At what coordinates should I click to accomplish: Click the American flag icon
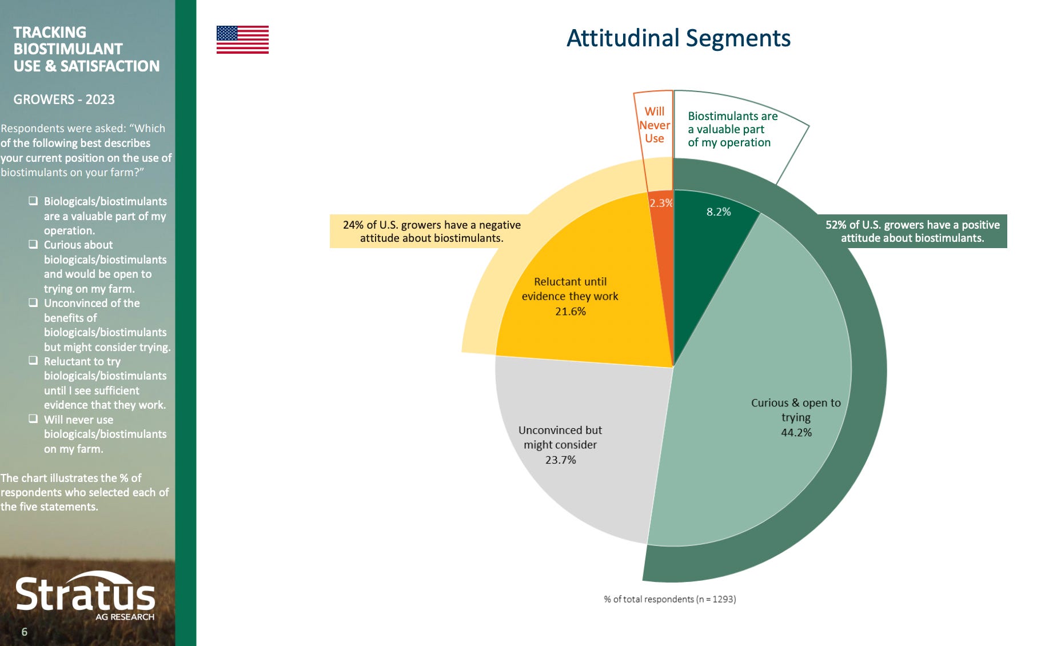[242, 39]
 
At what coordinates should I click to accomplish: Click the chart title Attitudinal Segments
[678, 38]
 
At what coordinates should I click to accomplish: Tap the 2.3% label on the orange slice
[661, 203]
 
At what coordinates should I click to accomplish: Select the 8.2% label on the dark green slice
[719, 212]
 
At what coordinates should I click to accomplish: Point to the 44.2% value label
[796, 433]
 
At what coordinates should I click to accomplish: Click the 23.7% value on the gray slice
[560, 460]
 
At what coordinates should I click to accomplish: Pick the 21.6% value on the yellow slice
[570, 312]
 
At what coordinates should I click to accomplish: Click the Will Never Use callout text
[654, 125]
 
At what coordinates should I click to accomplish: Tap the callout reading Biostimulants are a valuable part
[732, 129]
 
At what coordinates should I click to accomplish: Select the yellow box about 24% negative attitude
[432, 232]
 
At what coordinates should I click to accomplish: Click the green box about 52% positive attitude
[912, 232]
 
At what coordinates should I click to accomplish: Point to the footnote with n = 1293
[669, 599]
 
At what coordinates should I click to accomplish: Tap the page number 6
[24, 632]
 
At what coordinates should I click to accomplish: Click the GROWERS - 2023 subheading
[64, 99]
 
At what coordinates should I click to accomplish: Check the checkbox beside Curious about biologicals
[34, 244]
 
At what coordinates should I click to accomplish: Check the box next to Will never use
[34, 419]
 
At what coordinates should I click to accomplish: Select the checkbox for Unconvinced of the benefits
[34, 302]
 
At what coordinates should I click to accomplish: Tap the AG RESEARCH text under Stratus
[125, 617]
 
